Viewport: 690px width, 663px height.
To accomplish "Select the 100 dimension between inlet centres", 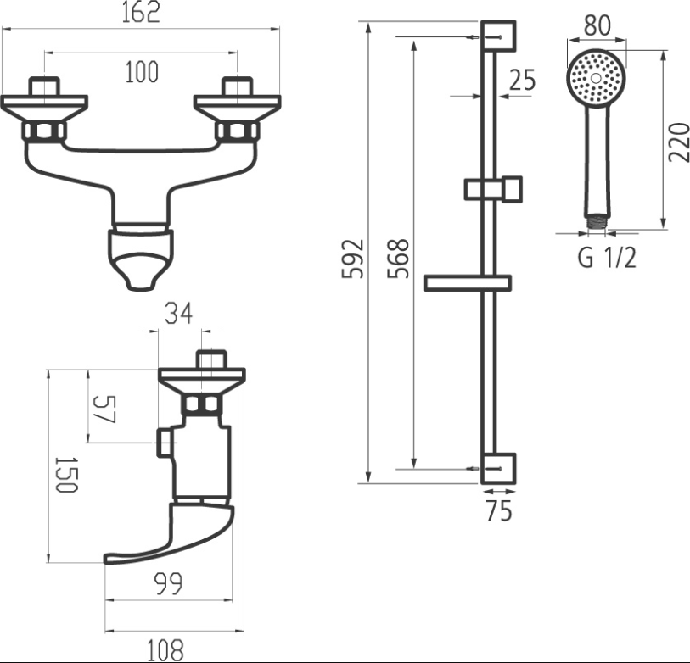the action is (141, 73).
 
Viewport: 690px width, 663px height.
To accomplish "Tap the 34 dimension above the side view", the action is (179, 314).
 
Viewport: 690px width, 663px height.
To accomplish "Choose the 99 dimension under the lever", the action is (168, 584).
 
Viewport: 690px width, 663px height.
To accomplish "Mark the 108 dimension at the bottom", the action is (165, 650).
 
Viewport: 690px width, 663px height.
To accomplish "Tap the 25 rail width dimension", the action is (523, 81).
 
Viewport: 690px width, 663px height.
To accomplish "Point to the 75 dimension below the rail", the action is (499, 511).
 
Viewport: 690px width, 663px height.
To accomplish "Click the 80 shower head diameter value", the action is (597, 25).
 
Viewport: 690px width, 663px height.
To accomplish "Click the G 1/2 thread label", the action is (606, 258).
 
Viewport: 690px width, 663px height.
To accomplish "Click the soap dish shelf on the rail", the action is (467, 282).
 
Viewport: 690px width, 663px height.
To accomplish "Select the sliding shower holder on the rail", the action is (493, 188).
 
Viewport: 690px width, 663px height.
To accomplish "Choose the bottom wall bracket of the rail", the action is (499, 468).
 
